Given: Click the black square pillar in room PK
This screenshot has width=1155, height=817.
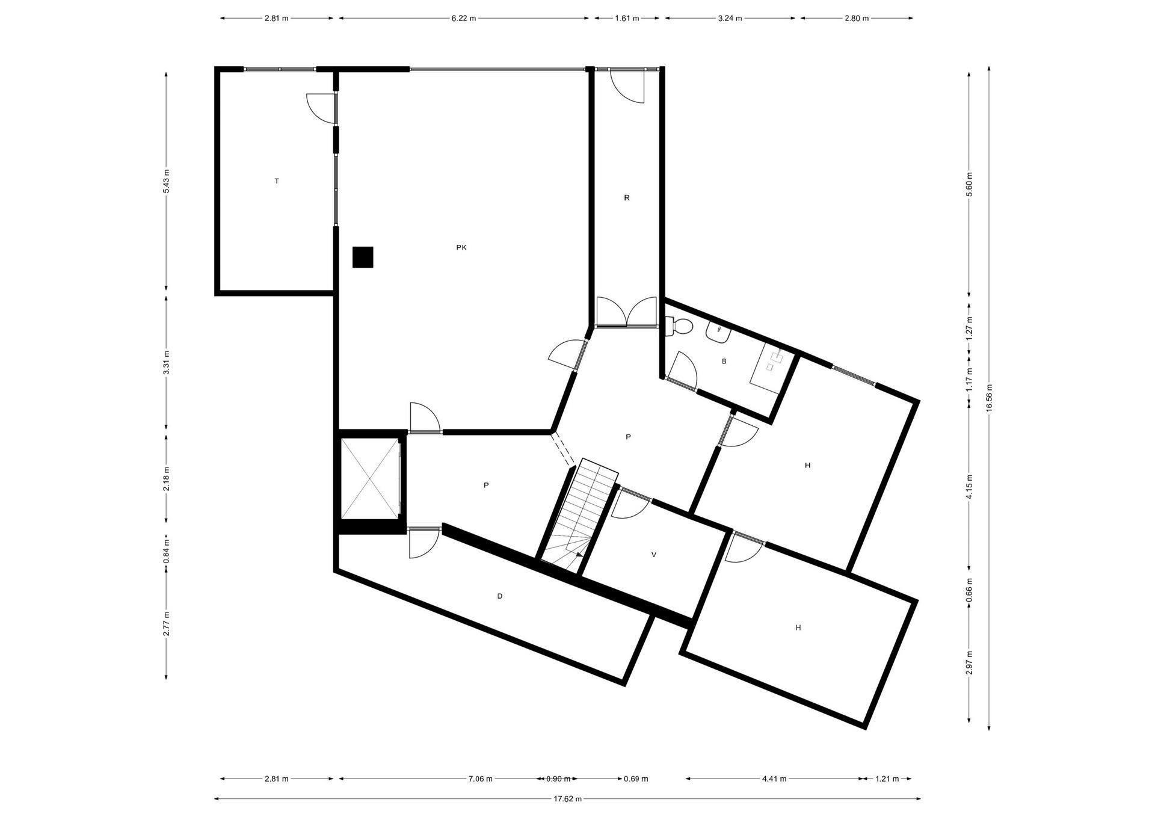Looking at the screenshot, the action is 363,257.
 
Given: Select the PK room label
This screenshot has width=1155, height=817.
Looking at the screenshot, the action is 461,247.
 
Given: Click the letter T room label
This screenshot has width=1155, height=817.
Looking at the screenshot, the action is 277,181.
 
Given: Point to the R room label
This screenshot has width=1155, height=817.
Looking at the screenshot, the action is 627,198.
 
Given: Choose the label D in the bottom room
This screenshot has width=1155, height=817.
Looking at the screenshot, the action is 500,596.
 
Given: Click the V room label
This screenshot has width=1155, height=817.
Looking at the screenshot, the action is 654,555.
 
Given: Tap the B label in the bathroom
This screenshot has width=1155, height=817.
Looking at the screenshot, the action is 724,362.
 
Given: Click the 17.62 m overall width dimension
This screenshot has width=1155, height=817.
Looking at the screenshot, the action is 568,799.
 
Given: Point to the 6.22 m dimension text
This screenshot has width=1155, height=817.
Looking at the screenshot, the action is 464,18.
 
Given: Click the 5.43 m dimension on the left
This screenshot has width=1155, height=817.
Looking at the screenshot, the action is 167,181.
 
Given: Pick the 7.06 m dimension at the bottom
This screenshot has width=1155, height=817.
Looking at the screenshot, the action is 481,779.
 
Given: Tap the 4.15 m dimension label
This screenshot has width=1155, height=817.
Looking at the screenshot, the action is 969,487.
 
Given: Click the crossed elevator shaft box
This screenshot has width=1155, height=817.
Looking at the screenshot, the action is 370,478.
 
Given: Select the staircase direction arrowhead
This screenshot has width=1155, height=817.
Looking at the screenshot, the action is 579,555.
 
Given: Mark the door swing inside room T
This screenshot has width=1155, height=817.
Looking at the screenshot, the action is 321,109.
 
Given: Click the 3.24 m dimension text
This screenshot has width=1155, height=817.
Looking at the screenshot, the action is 730,18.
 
